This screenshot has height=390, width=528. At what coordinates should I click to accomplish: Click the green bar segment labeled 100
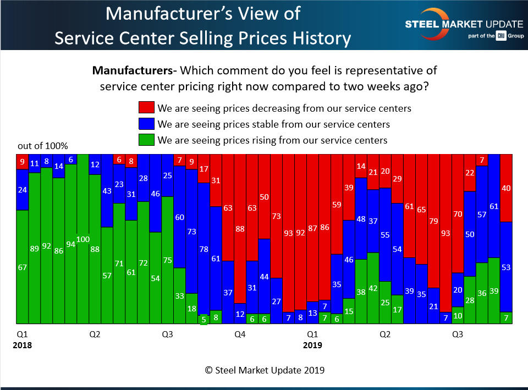tap(82, 239)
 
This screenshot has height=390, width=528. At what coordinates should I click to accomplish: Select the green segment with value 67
tap(22, 267)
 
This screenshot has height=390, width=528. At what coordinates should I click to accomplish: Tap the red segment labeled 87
tap(312, 228)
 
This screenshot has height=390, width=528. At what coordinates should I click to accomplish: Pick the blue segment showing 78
tap(204, 249)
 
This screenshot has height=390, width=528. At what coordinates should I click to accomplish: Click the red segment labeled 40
tap(506, 188)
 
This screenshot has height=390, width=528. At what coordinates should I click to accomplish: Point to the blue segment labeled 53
tap(506, 267)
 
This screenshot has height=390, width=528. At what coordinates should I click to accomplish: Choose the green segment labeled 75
tap(167, 260)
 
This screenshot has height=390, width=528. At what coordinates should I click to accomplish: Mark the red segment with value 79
tap(433, 221)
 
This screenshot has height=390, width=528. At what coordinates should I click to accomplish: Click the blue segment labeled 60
tap(179, 217)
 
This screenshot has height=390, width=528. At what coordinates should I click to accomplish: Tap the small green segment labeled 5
tap(204, 319)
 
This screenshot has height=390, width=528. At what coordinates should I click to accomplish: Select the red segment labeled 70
tap(458, 213)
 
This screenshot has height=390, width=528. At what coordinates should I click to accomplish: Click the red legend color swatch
tap(147, 108)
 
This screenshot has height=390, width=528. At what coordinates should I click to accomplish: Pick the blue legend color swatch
tap(147, 124)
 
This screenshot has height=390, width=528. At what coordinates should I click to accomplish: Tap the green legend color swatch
tap(147, 140)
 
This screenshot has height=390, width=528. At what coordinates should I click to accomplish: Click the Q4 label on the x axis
tap(240, 334)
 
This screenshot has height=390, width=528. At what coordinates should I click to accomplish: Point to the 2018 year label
tap(23, 345)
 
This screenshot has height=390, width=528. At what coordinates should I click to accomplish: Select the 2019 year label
tap(312, 345)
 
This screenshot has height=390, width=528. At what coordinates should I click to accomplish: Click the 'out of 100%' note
tap(43, 146)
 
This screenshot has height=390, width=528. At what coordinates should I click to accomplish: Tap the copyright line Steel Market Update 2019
tap(265, 370)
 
